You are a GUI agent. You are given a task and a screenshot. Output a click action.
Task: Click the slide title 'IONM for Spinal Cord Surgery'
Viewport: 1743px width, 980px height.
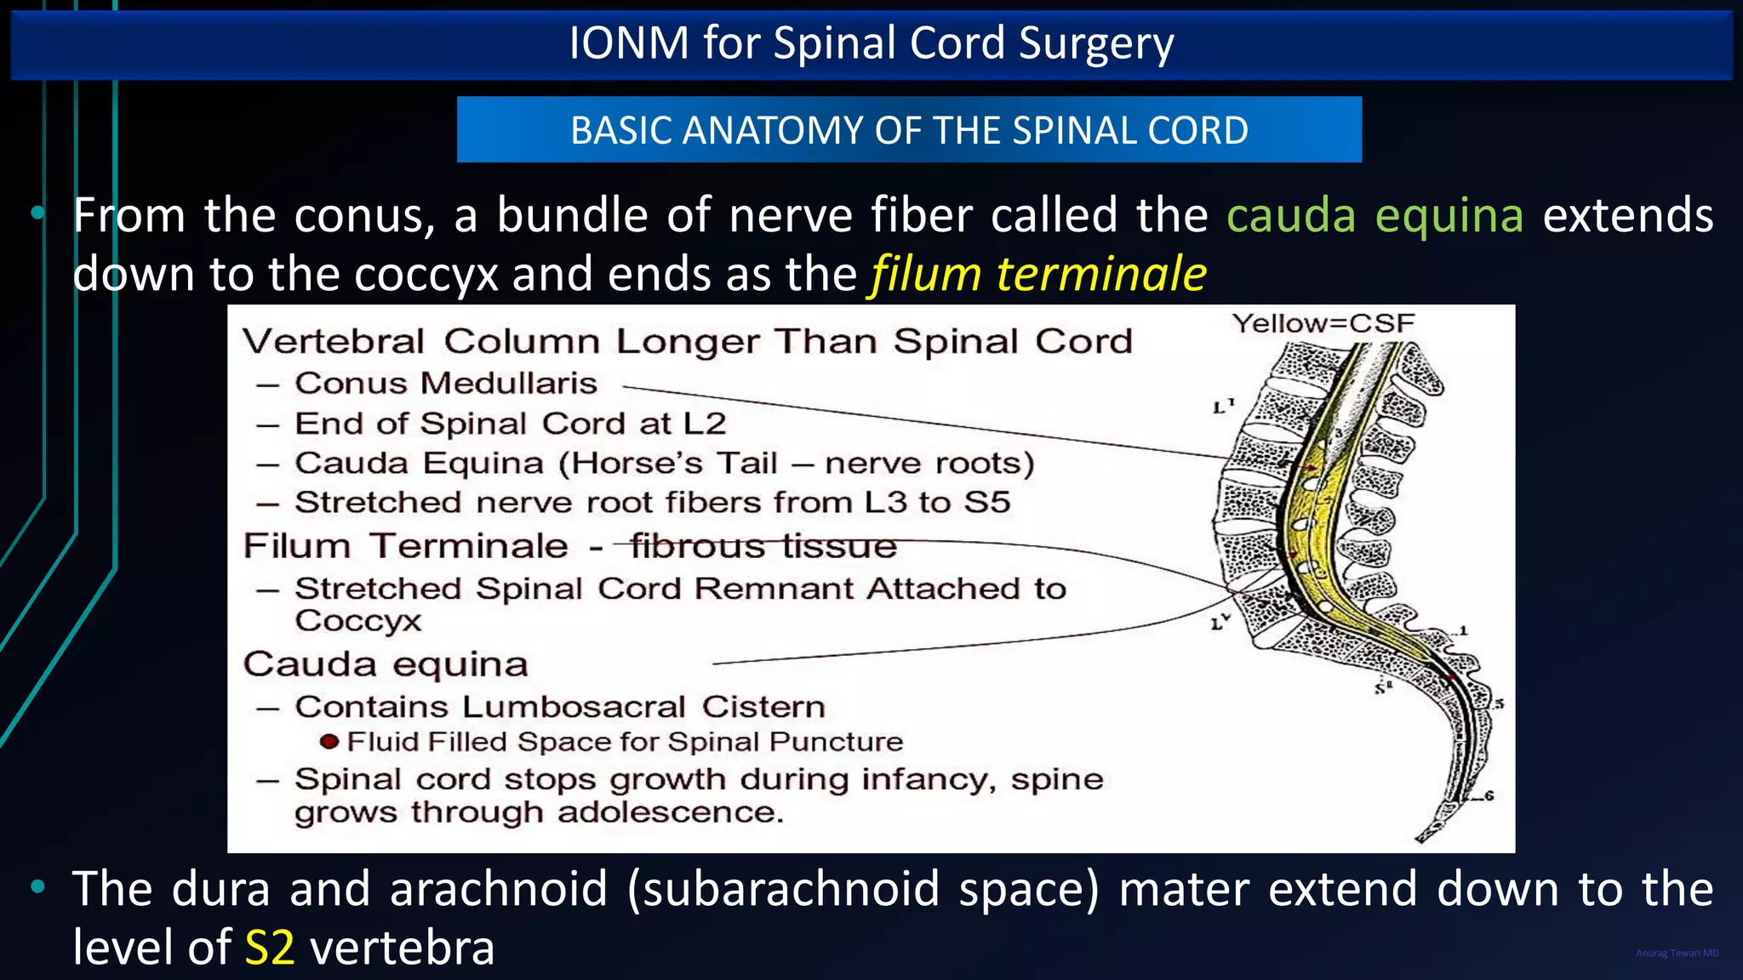click(x=871, y=43)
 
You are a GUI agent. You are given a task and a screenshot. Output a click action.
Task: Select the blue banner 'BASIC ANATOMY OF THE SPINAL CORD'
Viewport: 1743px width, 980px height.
click(x=909, y=130)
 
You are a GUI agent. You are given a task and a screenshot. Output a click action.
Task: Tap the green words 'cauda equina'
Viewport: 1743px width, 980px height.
click(x=1374, y=215)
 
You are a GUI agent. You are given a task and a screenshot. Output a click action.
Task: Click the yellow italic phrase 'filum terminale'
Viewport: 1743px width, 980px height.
click(x=1037, y=274)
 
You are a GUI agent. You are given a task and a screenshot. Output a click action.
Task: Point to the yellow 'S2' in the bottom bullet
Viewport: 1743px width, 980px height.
click(x=269, y=947)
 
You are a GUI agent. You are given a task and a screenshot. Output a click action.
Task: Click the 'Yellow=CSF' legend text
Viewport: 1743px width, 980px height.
click(x=1323, y=323)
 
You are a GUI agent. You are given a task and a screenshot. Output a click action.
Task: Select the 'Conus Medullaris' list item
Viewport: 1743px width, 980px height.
click(x=445, y=384)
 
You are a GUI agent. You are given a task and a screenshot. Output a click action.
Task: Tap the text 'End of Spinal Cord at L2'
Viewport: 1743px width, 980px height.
click(x=510, y=424)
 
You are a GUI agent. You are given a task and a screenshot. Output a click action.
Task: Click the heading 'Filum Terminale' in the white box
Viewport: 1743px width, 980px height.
click(x=405, y=546)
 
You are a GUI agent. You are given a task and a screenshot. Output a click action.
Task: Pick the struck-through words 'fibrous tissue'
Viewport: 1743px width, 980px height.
click(x=763, y=546)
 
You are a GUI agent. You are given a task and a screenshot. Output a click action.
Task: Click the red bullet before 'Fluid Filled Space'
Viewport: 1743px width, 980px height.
click(x=329, y=742)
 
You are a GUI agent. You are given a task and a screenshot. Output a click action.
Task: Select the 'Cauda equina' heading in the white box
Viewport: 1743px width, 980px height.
click(x=385, y=664)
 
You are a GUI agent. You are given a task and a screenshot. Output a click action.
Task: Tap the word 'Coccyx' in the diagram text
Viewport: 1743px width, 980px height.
click(x=357, y=621)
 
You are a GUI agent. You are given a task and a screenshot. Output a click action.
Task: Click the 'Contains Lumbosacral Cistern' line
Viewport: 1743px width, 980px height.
click(x=559, y=707)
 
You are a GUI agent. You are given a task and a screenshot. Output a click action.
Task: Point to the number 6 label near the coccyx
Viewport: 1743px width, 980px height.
click(x=1489, y=796)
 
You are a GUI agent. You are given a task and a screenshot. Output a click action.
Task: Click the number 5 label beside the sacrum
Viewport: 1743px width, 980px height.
click(x=1499, y=704)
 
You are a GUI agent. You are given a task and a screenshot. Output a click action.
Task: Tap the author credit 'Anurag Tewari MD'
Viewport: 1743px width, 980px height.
click(x=1677, y=953)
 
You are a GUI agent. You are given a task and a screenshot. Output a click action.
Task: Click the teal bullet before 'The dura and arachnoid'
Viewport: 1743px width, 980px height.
click(x=37, y=888)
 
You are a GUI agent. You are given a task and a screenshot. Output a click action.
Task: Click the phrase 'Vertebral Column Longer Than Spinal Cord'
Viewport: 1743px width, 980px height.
click(x=687, y=342)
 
